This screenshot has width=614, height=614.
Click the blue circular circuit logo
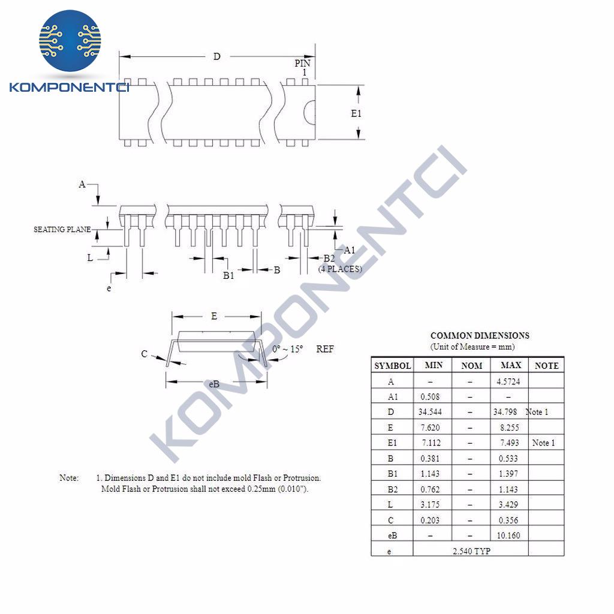point(70,41)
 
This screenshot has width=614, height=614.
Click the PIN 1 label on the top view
point(303,68)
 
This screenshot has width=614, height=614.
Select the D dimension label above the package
point(216,57)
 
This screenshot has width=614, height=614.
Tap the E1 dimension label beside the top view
point(356,113)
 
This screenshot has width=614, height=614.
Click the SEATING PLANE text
point(62,230)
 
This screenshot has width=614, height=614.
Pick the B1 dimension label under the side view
point(228,276)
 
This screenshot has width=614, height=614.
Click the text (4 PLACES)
point(340,269)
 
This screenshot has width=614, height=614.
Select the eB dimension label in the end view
point(214,384)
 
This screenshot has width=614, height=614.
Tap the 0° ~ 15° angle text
point(288,349)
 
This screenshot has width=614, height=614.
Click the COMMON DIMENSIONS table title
point(480,336)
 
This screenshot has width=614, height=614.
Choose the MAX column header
point(511,365)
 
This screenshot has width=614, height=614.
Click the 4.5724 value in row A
point(508,381)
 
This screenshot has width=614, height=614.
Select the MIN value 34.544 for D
point(430,412)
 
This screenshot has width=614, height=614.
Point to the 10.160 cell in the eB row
point(508,535)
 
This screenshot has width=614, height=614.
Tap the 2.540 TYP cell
point(471,551)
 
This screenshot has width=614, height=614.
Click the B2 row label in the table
point(392,489)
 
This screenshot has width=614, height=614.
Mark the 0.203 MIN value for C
point(430,520)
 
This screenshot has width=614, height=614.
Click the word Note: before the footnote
point(69,478)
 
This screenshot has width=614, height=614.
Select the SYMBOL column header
point(392,366)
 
